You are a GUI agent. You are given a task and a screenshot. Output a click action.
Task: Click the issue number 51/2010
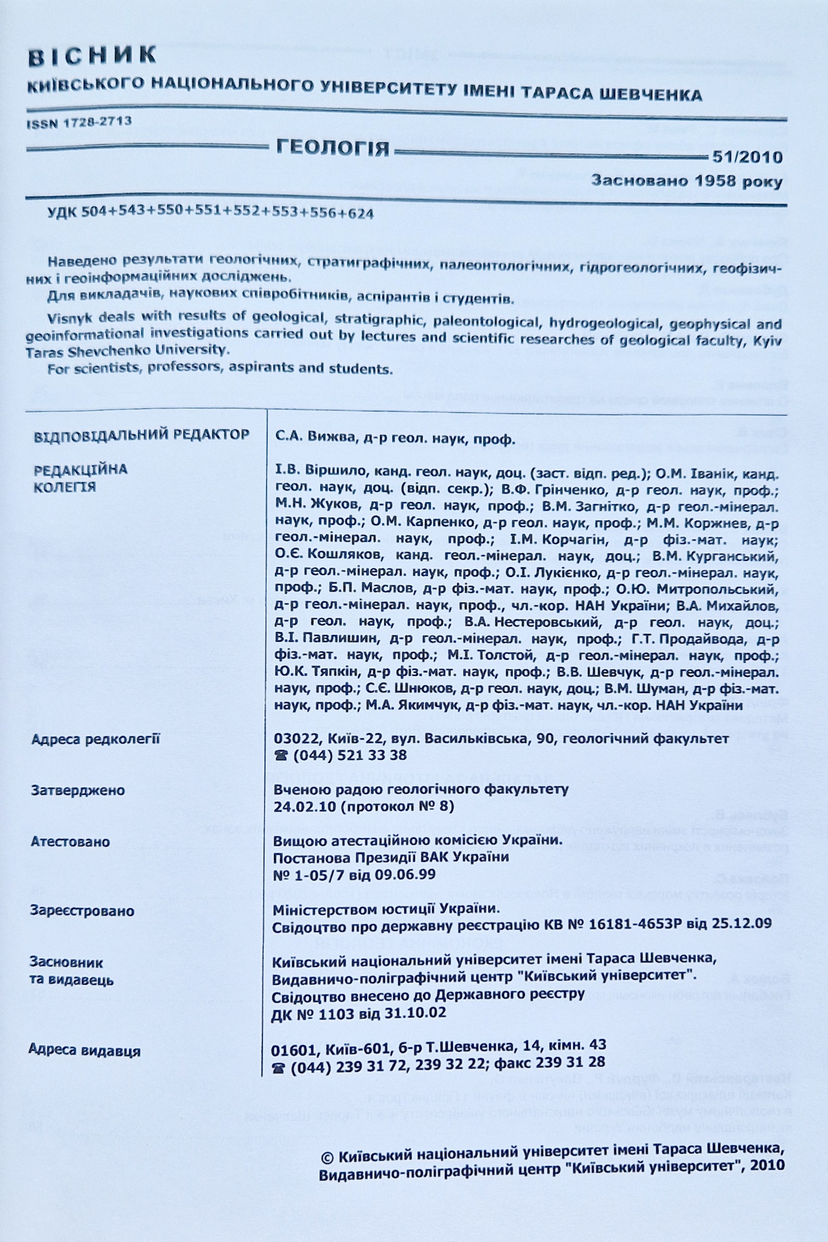[747, 157]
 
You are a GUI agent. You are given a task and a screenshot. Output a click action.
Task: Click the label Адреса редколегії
[95, 739]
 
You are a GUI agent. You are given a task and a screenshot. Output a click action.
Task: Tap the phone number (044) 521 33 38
[348, 755]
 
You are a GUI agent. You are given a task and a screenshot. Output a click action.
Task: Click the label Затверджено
[78, 791]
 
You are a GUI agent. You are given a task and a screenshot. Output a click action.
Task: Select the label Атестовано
[70, 842]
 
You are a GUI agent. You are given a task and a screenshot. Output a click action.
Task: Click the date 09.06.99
[405, 874]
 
